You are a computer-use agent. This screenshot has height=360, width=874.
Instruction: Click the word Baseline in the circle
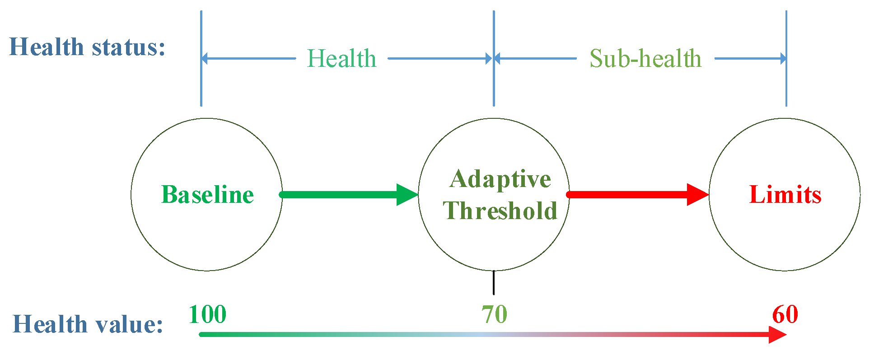(x=207, y=195)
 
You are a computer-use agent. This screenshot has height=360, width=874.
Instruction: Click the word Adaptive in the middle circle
(x=500, y=179)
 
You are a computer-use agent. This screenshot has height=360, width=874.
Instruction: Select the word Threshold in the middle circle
(x=500, y=210)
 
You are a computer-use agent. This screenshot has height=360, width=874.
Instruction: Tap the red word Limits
(x=785, y=195)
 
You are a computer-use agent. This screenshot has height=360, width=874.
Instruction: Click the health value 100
(x=207, y=314)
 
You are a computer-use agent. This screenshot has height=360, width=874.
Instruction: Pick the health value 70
(x=494, y=314)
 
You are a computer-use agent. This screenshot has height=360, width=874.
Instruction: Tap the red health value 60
(x=785, y=314)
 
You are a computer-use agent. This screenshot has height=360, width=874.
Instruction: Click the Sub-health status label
(x=645, y=59)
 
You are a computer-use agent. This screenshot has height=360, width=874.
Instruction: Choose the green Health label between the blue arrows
(x=341, y=59)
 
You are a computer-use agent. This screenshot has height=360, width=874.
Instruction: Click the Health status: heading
(x=87, y=47)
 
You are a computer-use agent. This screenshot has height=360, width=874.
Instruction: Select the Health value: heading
(x=88, y=324)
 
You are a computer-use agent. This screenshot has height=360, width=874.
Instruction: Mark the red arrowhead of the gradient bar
(x=778, y=335)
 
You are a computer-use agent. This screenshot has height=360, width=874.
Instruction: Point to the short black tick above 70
(x=494, y=282)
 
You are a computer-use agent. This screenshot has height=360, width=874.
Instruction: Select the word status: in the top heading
(x=129, y=47)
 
